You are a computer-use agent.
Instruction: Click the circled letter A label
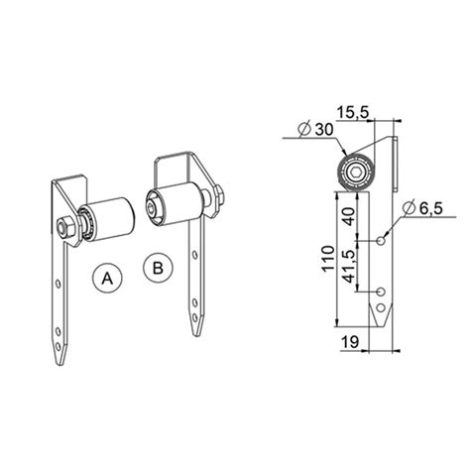pos(106,279)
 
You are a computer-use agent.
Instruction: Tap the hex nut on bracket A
pos(64,227)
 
